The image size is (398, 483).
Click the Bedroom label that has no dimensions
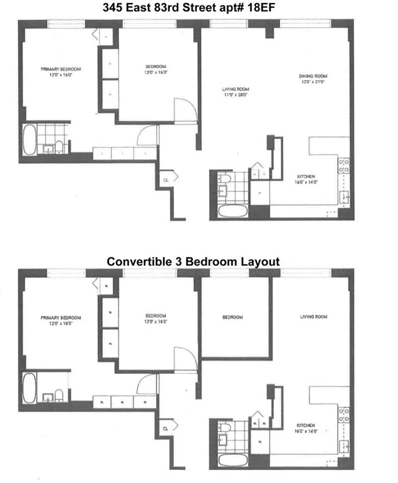pyautogui.click(x=232, y=317)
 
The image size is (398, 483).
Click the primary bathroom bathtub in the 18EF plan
pyautogui.click(x=29, y=139)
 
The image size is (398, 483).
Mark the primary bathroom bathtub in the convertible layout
pyautogui.click(x=29, y=388)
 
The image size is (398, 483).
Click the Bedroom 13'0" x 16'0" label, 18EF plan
pyautogui.click(x=156, y=69)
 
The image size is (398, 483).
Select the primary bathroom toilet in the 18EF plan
pyautogui.click(x=59, y=146)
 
